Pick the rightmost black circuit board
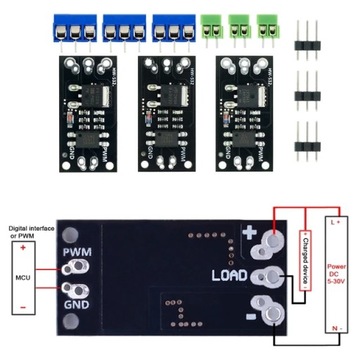(x=240, y=112)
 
